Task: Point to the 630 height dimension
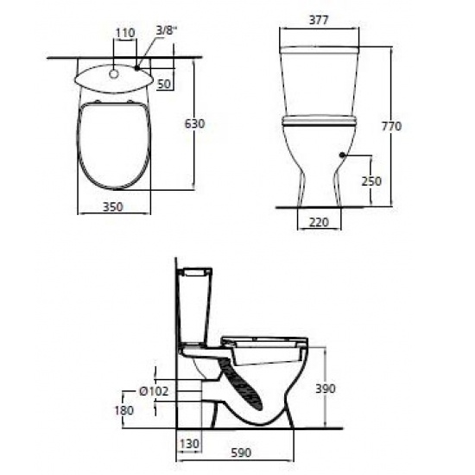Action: pos(195,124)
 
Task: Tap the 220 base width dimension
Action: pos(320,222)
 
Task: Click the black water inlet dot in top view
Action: pos(136,66)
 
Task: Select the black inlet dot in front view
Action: pos(344,155)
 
